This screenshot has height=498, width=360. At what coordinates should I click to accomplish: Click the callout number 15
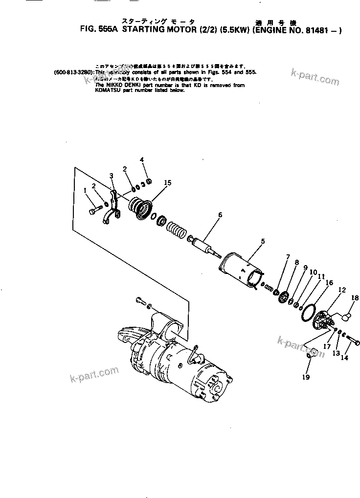(x=168, y=182)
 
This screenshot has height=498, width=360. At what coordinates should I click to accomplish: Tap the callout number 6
(x=220, y=214)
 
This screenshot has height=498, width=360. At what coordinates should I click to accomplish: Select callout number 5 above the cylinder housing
(x=263, y=241)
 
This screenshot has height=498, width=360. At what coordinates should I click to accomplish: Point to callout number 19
(x=306, y=377)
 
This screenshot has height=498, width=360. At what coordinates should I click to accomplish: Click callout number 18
(x=355, y=297)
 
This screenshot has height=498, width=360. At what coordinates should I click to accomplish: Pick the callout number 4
(x=142, y=159)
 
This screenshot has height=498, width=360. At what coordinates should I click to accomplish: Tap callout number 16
(x=329, y=283)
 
